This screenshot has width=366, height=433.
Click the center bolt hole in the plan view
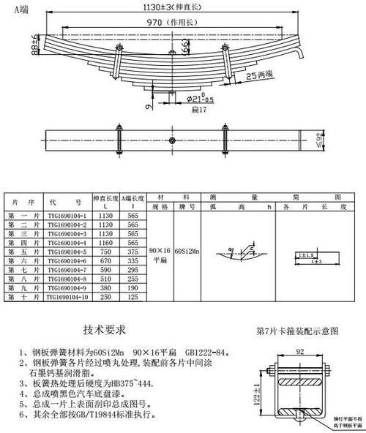pyautogui.click(x=171, y=140)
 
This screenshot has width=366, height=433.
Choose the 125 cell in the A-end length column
pyautogui.click(x=133, y=298)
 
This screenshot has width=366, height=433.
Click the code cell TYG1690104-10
pyautogui.click(x=67, y=298)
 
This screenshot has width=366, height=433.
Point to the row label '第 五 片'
pyautogui.click(x=23, y=250)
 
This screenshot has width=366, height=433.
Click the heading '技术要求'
pyautogui.click(x=105, y=330)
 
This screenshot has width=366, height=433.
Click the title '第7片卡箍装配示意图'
pyautogui.click(x=298, y=331)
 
